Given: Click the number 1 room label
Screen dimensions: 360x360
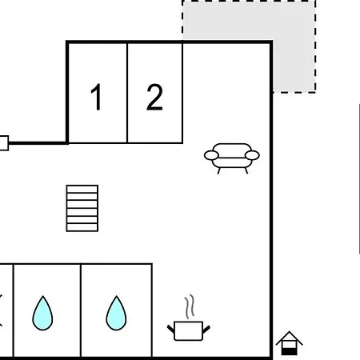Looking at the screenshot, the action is [96, 97].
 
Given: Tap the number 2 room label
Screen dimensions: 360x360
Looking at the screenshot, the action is [154, 97].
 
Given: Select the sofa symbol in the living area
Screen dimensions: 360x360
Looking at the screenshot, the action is [232, 158].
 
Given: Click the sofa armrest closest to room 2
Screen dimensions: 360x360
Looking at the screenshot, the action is [211, 155].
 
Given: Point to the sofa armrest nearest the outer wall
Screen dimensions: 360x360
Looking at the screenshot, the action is [252, 155].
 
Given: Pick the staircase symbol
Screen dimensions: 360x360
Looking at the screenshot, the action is [82, 208].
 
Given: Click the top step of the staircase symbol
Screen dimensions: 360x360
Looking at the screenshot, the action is [82, 189].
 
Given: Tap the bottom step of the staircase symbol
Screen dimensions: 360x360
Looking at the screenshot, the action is [82, 227].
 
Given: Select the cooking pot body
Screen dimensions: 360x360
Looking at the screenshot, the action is [188, 331].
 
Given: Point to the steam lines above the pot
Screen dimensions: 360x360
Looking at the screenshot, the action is [190, 306].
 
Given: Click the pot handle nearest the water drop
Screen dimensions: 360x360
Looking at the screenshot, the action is [170, 329].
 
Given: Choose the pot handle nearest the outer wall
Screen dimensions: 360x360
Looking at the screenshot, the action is [206, 329].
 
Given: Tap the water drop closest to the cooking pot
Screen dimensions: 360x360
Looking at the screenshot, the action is [116, 314].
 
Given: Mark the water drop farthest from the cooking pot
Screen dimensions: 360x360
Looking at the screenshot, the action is [42, 314].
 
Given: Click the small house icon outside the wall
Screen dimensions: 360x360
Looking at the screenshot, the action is [289, 343].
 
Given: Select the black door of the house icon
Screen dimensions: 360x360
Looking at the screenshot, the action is [289, 352].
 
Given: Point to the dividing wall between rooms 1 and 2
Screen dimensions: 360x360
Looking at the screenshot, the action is [127, 93].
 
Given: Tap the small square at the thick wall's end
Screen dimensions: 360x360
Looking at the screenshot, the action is [4, 143].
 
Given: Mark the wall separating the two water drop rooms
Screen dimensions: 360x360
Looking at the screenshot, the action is [81, 310].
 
